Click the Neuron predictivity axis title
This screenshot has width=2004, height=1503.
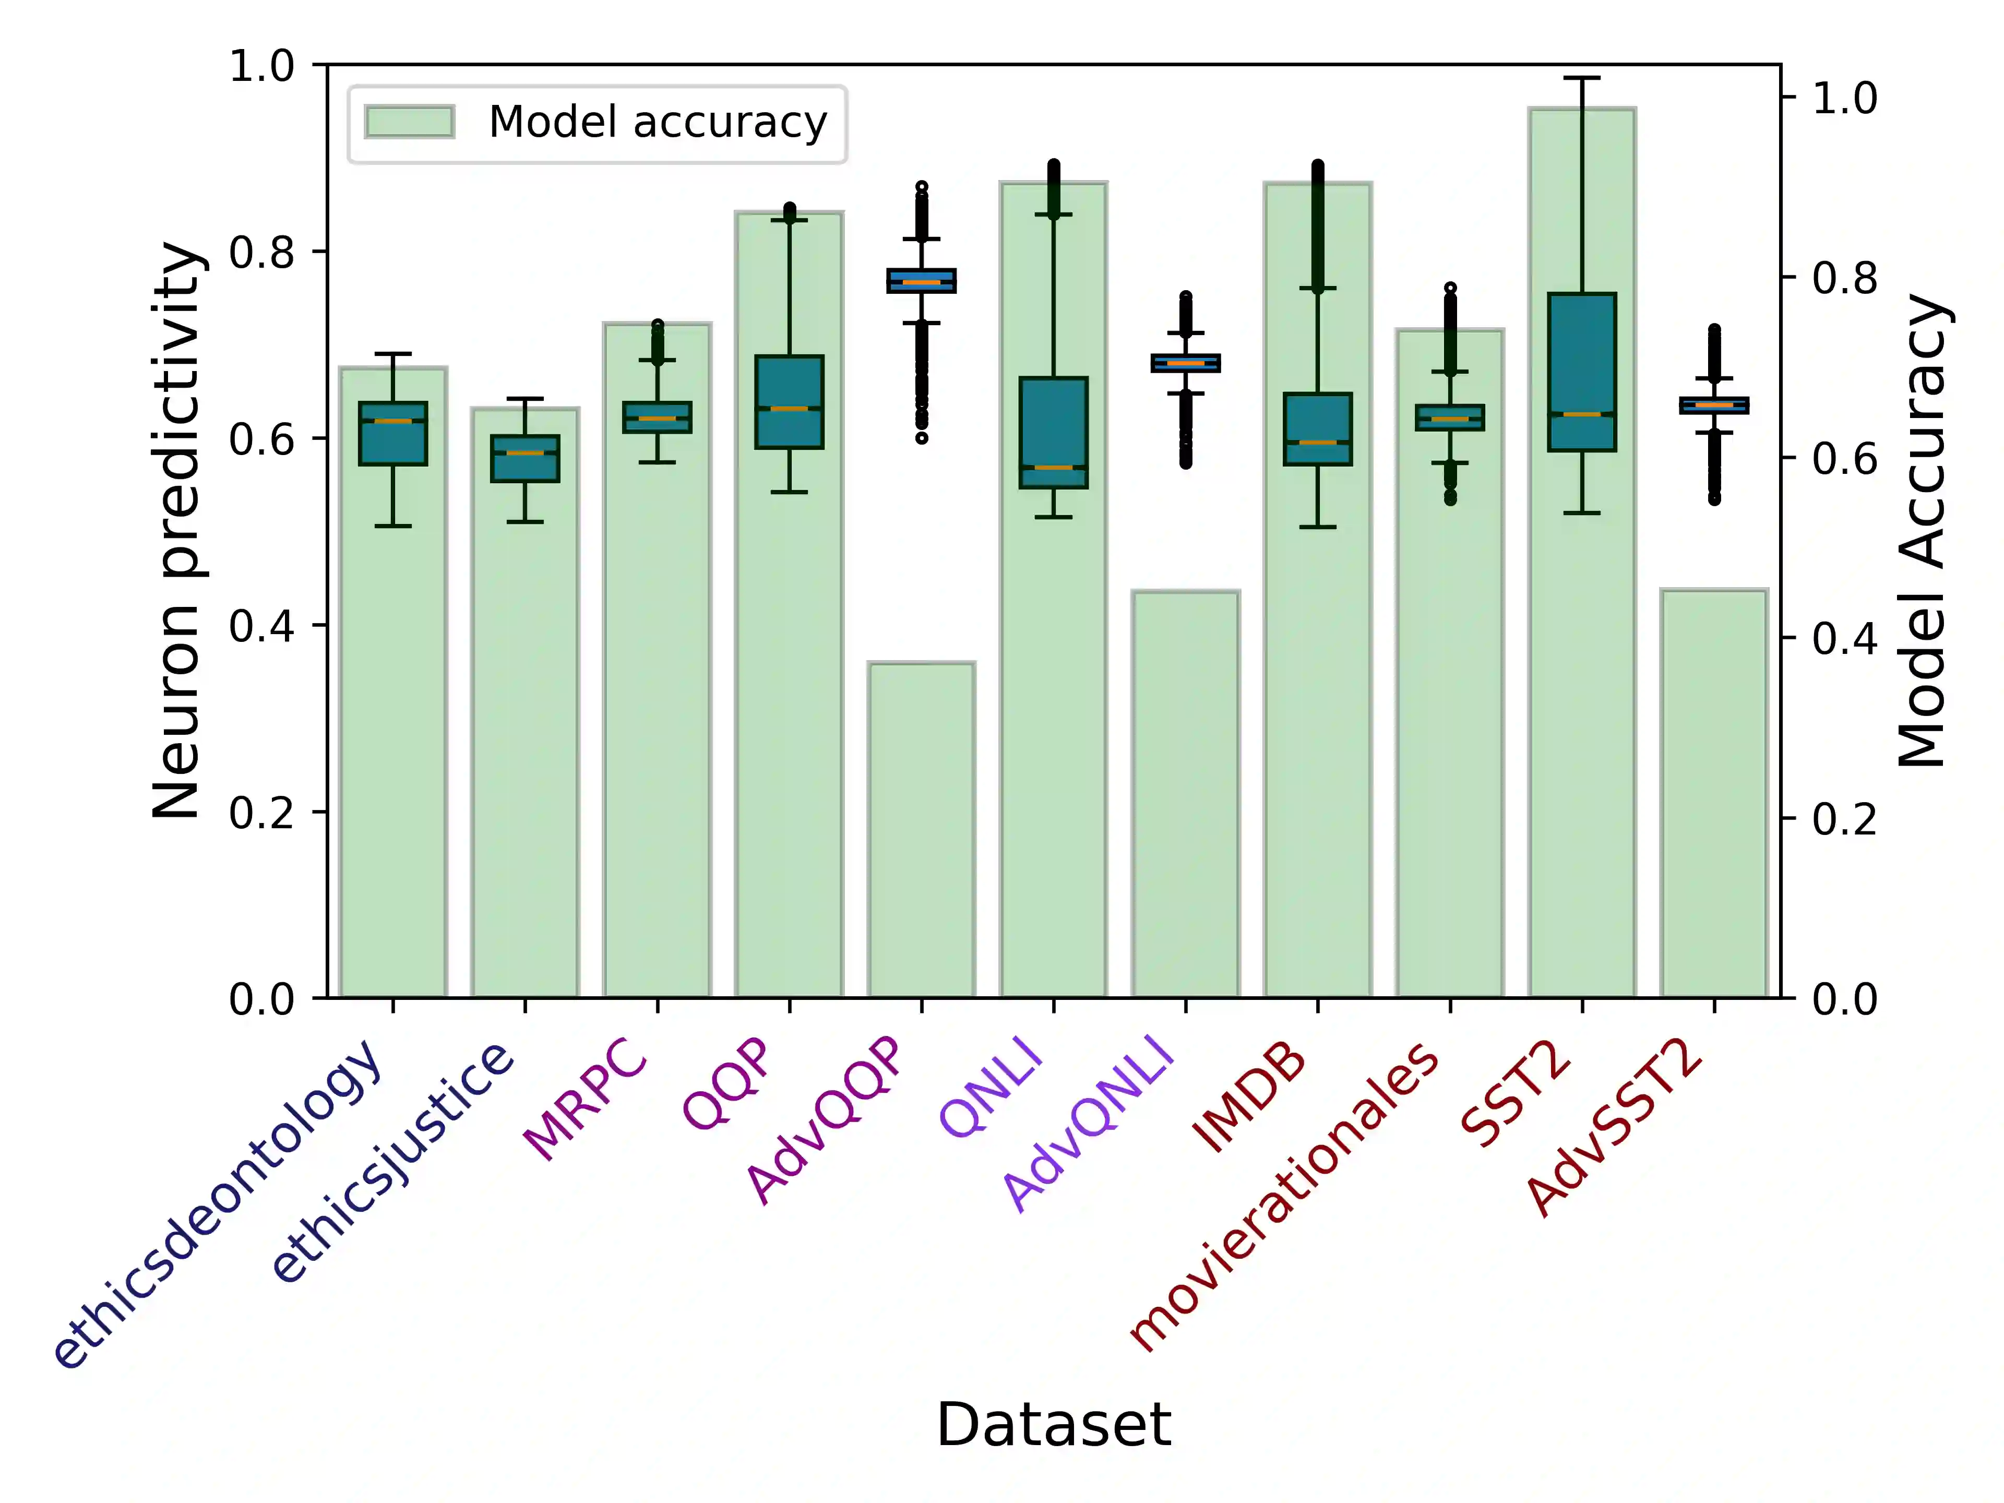tap(177, 531)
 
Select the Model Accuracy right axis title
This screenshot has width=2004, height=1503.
tap(1923, 531)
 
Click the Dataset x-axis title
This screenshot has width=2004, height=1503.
tap(1054, 1425)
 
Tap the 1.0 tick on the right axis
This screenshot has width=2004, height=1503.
tap(1844, 98)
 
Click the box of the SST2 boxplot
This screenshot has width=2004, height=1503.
tap(1582, 372)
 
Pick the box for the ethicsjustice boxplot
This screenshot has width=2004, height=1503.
tap(526, 458)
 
